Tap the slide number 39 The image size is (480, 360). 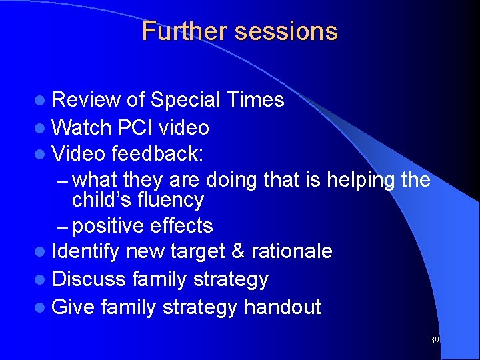(x=435, y=341)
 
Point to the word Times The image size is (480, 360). (x=255, y=100)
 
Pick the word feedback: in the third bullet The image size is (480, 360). (x=157, y=154)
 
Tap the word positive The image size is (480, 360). (x=108, y=226)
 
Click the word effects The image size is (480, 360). (x=181, y=226)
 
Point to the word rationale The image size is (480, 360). (x=295, y=251)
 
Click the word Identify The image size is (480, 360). (x=86, y=251)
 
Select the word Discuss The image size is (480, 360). (x=89, y=279)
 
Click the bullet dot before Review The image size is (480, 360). (x=43, y=101)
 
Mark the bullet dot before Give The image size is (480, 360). (x=43, y=308)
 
